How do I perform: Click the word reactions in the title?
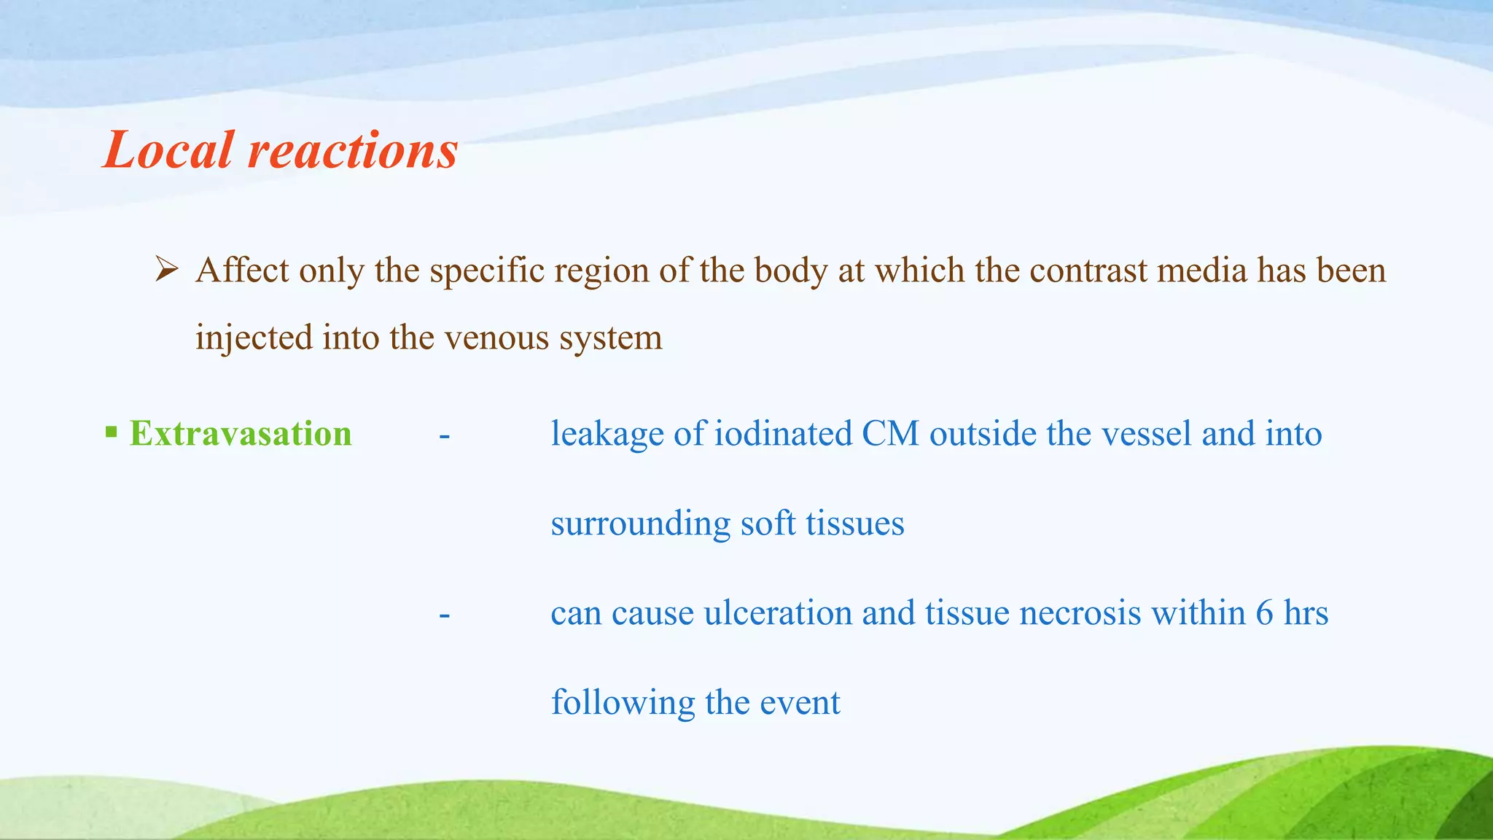353,152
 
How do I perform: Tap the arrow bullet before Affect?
167,271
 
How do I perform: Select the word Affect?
242,271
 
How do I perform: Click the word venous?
496,338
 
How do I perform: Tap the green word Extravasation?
241,434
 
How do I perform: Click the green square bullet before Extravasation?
111,432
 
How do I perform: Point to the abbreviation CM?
890,434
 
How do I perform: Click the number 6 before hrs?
1264,613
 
